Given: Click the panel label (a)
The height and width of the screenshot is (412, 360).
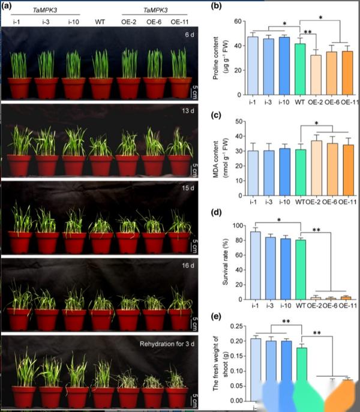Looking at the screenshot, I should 9,7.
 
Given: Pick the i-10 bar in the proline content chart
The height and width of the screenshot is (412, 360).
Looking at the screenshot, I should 285,66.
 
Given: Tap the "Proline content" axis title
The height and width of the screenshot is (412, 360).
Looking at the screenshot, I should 223,58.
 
